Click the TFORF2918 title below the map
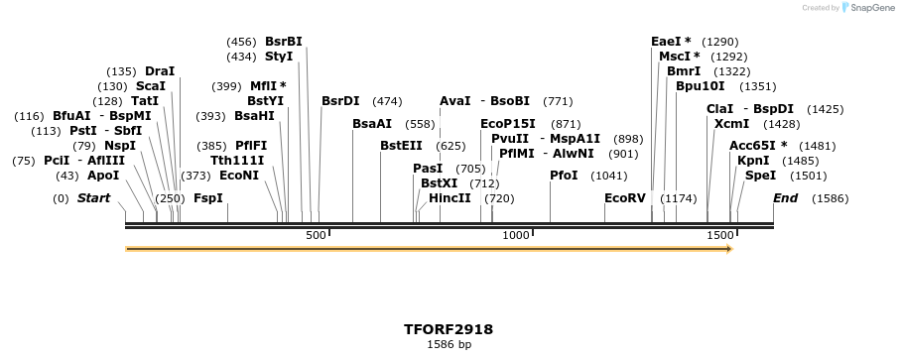(x=449, y=329)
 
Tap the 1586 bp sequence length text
(x=449, y=345)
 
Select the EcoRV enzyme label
(x=625, y=198)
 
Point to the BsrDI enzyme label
(x=340, y=101)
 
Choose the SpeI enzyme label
(x=760, y=176)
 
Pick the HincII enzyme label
(x=449, y=198)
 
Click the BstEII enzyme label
(x=401, y=146)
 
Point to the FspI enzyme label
(x=208, y=198)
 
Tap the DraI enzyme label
(x=160, y=71)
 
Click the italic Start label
(x=93, y=198)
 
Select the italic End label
(x=785, y=198)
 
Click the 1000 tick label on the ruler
(x=516, y=235)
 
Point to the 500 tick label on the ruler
(x=316, y=235)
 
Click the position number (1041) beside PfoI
(x=608, y=176)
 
